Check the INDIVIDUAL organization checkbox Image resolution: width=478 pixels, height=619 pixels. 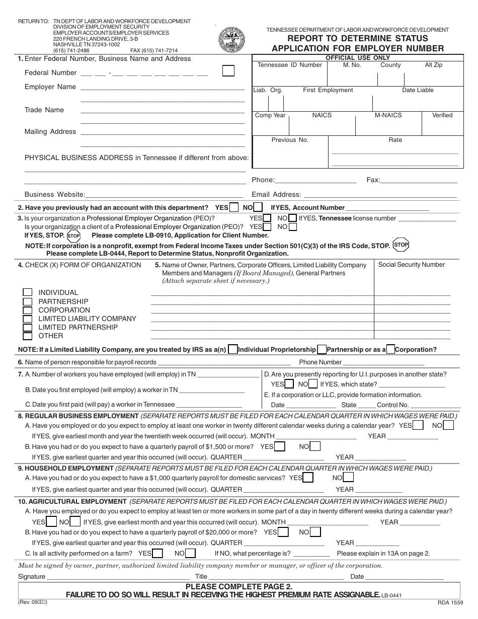[28, 292]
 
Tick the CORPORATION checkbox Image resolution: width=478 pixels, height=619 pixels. [28, 310]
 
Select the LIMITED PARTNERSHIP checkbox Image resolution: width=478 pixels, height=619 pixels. [28, 327]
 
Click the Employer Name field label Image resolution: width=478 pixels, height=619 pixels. [50, 87]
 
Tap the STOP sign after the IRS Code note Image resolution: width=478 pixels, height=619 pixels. [401, 245]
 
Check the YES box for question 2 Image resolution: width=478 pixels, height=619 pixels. [234, 207]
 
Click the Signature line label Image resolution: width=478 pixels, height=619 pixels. [32, 577]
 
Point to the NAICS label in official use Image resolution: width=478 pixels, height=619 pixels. [322, 115]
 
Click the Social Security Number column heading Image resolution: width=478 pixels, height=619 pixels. [412, 265]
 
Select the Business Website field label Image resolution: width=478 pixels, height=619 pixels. [55, 195]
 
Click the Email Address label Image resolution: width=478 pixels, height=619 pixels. [276, 195]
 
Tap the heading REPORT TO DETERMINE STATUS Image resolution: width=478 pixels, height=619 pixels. [358, 38]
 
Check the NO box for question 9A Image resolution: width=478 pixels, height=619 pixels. [349, 478]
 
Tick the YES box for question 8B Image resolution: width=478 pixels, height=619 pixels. [280, 446]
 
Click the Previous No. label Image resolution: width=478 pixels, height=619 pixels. [290, 140]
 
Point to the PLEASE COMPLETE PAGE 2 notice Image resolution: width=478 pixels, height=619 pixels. [239, 586]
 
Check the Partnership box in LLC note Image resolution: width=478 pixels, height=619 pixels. [321, 349]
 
